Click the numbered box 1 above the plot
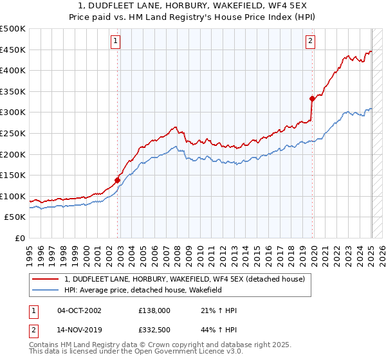coord(115,41)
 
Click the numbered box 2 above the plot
coord(310,41)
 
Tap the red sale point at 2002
coord(118,180)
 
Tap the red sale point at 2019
coord(312,98)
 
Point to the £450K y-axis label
coord(13,50)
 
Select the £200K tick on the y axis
coord(13,154)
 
